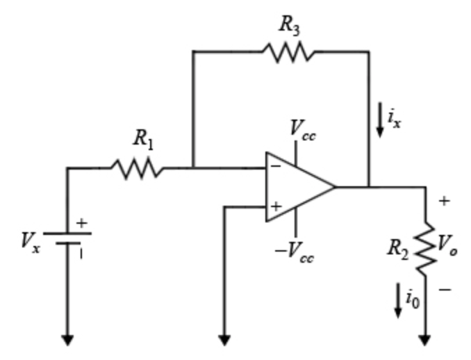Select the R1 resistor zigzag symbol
coord(137,168)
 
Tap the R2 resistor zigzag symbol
coord(424,248)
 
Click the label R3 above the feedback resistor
coord(290,24)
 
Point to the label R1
coord(143,139)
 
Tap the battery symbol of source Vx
coord(67,238)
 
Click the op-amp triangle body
coord(295,187)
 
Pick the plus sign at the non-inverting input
coord(276,206)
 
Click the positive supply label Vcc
coord(303,129)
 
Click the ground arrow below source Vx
coord(67,340)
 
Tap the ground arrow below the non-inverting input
coord(224,340)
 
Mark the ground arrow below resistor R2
coord(424,340)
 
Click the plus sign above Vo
coord(444,201)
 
